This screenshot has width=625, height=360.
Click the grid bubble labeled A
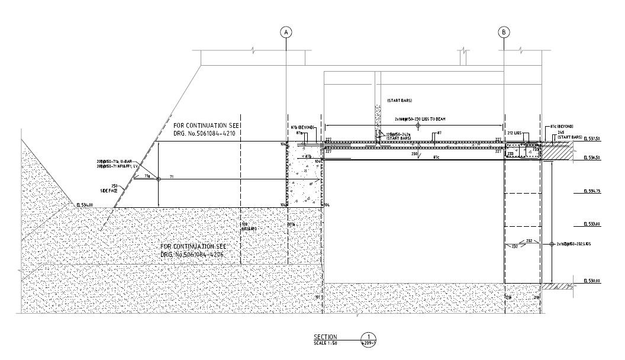click(286, 33)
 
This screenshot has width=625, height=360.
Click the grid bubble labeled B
click(504, 33)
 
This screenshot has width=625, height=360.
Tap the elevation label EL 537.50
click(592, 139)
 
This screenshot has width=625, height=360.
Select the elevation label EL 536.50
click(592, 157)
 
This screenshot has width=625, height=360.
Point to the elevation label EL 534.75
click(592, 191)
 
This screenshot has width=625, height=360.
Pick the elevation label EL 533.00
click(592, 224)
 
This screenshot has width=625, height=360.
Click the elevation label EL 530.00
click(592, 281)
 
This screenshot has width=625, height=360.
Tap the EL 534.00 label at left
click(85, 204)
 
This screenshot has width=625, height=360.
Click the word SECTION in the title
click(325, 337)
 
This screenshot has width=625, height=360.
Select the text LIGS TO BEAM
click(433, 119)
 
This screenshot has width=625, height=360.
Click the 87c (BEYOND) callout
click(561, 126)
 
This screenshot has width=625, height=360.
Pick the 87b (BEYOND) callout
click(302, 127)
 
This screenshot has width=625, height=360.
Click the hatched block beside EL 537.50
click(558, 151)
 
